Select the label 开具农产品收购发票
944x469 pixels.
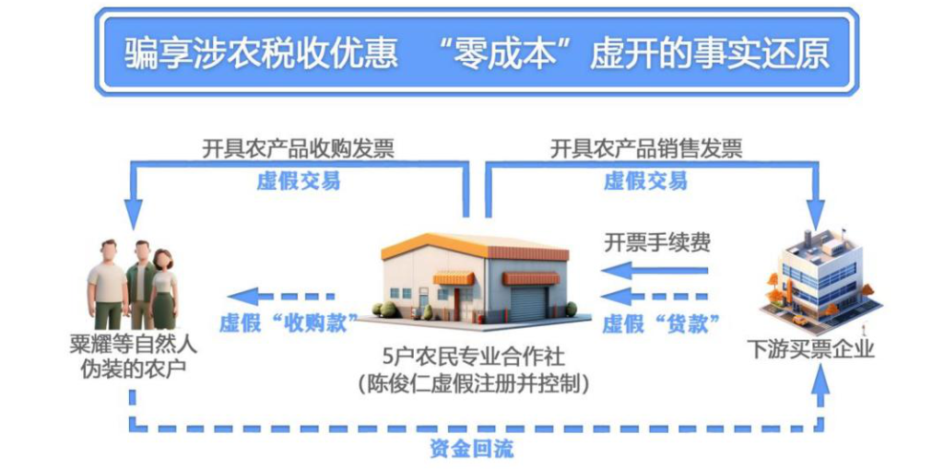pos(298,148)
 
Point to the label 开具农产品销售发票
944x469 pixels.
pos(646,148)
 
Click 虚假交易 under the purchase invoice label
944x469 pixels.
pos(298,181)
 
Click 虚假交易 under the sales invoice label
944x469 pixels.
pos(646,181)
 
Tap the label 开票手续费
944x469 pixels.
pos(657,243)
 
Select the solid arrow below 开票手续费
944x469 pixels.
pos(655,270)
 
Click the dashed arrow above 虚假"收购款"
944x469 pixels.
pos(280,296)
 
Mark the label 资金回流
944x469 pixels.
pos(471,449)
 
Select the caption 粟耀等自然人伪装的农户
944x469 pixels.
pos(133,358)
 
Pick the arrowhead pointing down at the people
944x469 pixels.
pos(135,214)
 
